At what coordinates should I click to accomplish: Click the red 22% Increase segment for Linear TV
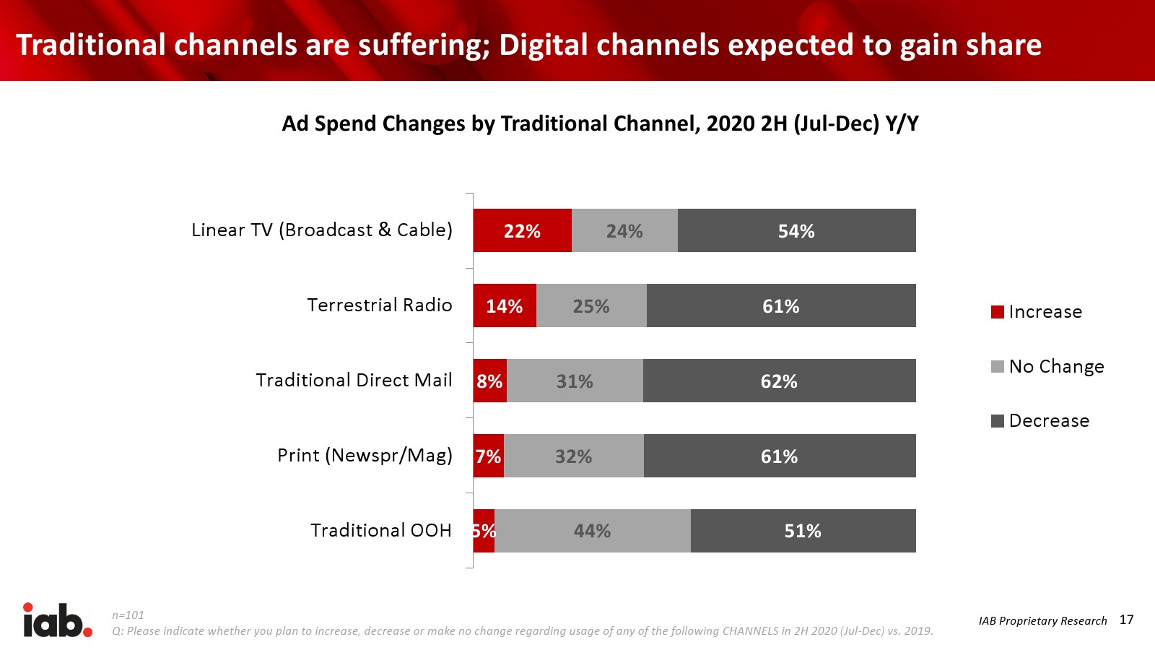click(x=522, y=230)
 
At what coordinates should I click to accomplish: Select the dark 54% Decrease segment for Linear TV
click(x=796, y=230)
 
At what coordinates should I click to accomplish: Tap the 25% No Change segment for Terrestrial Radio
click(x=591, y=305)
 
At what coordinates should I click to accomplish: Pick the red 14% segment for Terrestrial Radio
click(x=505, y=305)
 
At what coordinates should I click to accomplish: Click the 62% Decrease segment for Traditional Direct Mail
click(x=779, y=381)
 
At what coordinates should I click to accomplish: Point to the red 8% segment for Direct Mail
click(x=489, y=381)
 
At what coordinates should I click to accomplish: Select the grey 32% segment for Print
click(x=573, y=456)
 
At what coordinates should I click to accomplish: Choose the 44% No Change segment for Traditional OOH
click(x=592, y=531)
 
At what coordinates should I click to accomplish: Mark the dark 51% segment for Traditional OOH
click(x=803, y=531)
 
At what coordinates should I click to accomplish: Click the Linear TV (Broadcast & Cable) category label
click(x=322, y=230)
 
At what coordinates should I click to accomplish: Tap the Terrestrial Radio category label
click(x=380, y=305)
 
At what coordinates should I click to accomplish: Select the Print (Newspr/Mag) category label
click(x=365, y=455)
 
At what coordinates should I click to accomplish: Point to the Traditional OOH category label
click(x=381, y=530)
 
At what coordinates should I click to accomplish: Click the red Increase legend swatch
click(x=998, y=312)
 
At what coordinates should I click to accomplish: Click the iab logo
click(x=58, y=620)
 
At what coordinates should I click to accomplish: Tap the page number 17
click(x=1126, y=620)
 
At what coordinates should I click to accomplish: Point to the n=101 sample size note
click(x=128, y=615)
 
